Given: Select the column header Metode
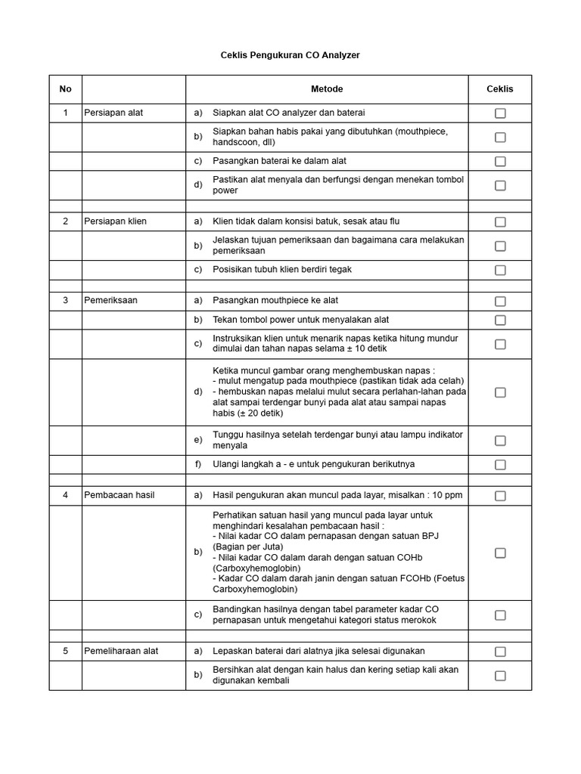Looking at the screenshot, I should tap(327, 89).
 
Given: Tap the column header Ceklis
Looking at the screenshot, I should tap(499, 89).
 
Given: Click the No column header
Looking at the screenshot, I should tap(66, 89).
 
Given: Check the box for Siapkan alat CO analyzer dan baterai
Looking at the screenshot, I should tap(500, 113).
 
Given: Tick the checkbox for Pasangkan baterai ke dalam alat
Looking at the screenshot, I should tap(500, 162).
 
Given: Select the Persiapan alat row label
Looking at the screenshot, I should tap(113, 113).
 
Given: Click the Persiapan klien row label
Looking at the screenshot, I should tap(116, 221).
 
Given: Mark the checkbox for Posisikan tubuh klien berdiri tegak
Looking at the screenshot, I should tap(500, 270).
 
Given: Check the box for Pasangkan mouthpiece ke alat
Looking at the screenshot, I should tap(500, 301).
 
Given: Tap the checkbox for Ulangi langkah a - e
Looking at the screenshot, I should tap(500, 465).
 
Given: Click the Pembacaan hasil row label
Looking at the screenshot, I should tap(120, 495).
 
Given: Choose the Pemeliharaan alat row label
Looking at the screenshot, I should tap(121, 651).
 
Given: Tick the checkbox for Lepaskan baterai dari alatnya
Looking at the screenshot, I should tap(500, 652).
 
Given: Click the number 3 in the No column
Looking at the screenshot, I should tap(66, 300).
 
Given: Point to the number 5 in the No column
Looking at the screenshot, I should tap(66, 651).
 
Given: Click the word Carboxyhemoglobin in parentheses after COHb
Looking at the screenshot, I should tap(256, 567).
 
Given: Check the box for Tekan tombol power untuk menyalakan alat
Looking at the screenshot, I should tap(500, 320).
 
